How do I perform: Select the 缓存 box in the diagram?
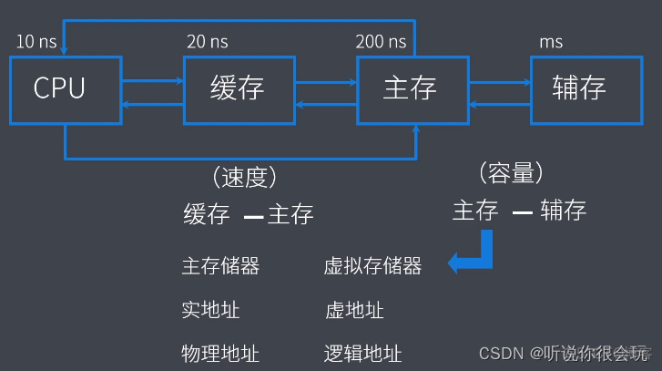click(238, 89)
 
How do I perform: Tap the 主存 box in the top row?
click(411, 89)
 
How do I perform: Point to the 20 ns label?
click(207, 43)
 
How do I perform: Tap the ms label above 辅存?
click(551, 43)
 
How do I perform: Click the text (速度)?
click(244, 178)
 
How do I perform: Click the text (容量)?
click(510, 173)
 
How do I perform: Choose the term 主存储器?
click(221, 266)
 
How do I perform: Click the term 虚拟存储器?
click(372, 266)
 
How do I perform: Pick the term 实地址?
click(210, 310)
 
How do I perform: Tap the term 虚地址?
click(353, 310)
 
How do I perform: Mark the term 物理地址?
click(221, 353)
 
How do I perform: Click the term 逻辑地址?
click(362, 353)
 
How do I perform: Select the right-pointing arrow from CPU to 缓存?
click(151, 81)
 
